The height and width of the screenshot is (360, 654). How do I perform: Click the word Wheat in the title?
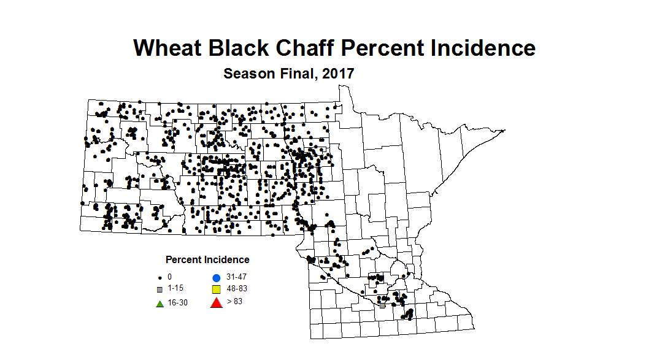[x=168, y=48]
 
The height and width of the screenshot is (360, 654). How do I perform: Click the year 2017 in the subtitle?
[x=339, y=74]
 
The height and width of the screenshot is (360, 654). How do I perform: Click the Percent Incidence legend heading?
[x=207, y=259]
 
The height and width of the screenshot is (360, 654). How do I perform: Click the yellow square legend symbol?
[x=216, y=289]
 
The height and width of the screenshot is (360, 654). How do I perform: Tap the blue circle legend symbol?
[x=216, y=277]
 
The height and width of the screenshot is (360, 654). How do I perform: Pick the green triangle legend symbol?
[x=160, y=303]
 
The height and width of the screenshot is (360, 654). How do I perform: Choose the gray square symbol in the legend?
[x=160, y=289]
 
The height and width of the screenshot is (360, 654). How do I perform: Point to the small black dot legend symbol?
[x=160, y=278]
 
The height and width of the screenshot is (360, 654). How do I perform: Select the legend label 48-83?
[x=236, y=288]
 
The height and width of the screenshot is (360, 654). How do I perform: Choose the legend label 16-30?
[x=177, y=303]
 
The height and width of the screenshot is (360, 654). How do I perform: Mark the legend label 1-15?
[x=175, y=288]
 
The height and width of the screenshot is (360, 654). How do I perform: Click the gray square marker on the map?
[x=382, y=305]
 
